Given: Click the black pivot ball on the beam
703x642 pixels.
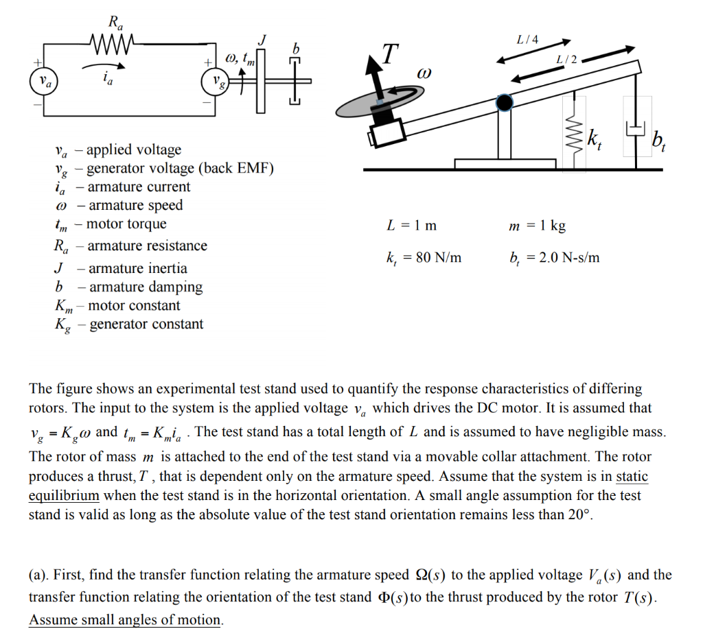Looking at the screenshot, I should (505, 103).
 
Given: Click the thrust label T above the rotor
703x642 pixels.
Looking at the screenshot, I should (389, 53).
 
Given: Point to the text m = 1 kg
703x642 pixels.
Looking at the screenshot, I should (537, 226).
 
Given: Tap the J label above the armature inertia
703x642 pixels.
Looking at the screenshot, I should (261, 40).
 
